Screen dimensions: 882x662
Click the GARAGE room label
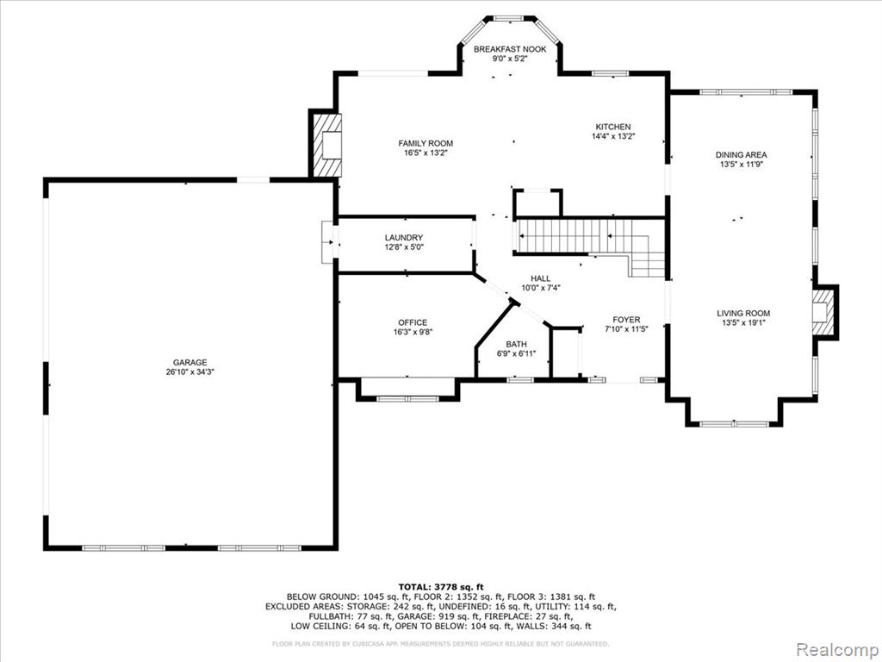190,363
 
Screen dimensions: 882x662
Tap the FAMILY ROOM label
425,144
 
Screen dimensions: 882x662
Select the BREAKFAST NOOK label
510,49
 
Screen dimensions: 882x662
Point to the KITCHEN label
613,127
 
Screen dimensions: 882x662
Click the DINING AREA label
742,155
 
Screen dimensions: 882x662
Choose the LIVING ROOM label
743,314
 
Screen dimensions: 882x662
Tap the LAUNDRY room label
404,238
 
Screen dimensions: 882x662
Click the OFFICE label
413,322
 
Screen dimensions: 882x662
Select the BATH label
517,344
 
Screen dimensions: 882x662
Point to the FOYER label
626,320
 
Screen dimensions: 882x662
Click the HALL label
541,278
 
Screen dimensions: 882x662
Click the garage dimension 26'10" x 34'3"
190,372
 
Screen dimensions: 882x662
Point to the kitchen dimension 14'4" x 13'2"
613,136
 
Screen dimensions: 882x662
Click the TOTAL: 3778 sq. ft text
441,586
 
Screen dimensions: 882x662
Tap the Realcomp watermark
837,650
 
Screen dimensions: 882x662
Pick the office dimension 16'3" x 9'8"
413,332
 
